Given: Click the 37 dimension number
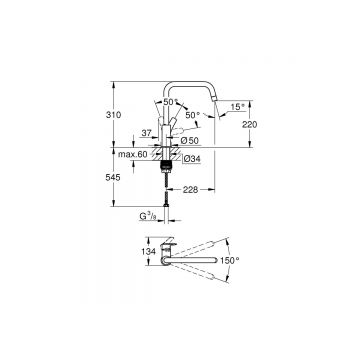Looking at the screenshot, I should click(146, 132).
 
